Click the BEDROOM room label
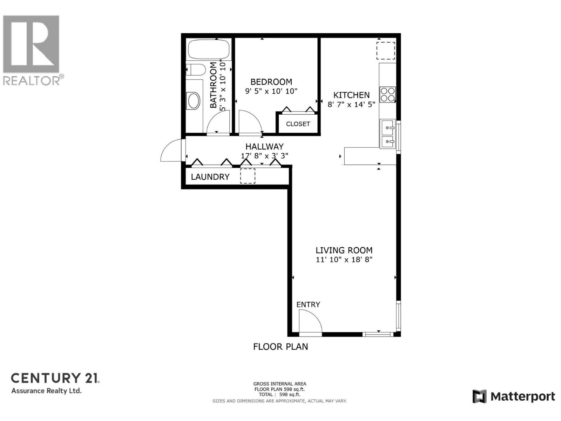[271, 82]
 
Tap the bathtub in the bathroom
[209, 49]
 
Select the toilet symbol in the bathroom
[195, 70]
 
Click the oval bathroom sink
[194, 101]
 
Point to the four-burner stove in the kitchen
[387, 94]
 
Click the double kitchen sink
[388, 133]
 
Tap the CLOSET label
[298, 124]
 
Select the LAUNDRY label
[210, 177]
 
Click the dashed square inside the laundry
[248, 176]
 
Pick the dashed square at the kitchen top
[386, 51]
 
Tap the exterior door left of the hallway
[172, 151]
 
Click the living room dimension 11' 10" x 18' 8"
[344, 260]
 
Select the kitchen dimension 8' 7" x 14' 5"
[351, 104]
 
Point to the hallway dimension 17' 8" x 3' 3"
[264, 156]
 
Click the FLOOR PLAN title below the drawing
[280, 347]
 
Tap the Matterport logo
[514, 396]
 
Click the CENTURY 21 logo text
[55, 378]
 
